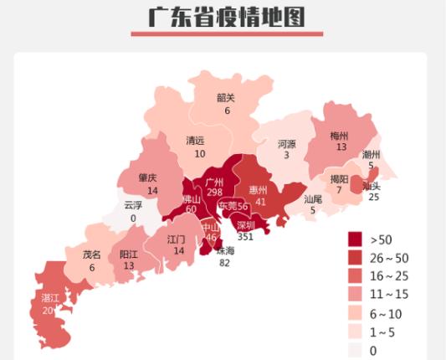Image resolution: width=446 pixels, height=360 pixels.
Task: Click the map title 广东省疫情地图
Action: (x=226, y=17)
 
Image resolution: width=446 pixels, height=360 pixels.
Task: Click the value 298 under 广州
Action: (x=214, y=193)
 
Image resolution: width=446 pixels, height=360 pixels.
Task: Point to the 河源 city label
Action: (x=286, y=144)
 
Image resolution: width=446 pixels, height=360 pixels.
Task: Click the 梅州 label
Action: (x=339, y=135)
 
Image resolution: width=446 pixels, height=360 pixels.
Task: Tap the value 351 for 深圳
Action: (x=245, y=237)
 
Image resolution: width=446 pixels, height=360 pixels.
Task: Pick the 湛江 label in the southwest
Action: (x=50, y=297)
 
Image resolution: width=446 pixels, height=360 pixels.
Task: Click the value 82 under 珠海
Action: (x=223, y=263)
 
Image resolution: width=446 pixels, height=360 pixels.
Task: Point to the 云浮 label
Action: (x=133, y=205)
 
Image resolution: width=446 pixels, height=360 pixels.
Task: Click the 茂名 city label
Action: (x=91, y=255)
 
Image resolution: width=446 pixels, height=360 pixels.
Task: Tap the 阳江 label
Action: (x=129, y=255)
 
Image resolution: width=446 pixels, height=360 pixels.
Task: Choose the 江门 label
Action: (x=176, y=239)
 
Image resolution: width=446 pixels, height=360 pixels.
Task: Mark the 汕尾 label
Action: (x=313, y=199)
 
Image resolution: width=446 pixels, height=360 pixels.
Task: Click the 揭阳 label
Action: (x=339, y=178)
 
